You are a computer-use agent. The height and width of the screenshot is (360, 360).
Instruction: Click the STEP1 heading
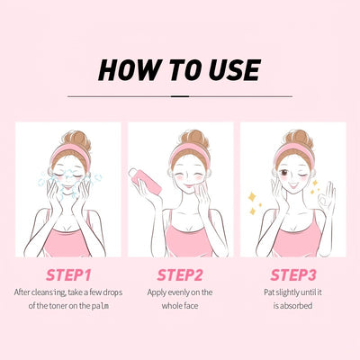pos(68,275)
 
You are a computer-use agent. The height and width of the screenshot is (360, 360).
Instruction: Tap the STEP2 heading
pos(180,275)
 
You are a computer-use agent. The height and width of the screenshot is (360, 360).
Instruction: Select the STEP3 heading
pos(293,275)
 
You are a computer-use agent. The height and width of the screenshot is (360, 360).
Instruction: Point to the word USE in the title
pos(235,70)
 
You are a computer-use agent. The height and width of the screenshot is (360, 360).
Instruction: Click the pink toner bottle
pos(145,181)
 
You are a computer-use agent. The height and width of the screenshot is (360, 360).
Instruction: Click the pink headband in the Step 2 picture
pos(190,152)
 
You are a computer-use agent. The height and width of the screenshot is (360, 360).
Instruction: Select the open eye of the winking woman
pos(284,173)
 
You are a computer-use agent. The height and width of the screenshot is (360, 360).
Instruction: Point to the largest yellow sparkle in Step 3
pos(252,197)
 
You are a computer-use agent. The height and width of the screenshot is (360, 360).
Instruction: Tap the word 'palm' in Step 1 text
pos(100,306)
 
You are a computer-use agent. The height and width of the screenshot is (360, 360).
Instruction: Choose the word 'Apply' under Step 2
pos(157,292)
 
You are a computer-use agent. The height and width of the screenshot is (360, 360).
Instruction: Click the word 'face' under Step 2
pos(191,306)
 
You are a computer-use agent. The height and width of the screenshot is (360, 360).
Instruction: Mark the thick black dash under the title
pos(180,96)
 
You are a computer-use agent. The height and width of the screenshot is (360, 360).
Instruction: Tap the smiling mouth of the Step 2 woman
pos(189,184)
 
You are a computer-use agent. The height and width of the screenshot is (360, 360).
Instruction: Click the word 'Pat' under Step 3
pos(269,292)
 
